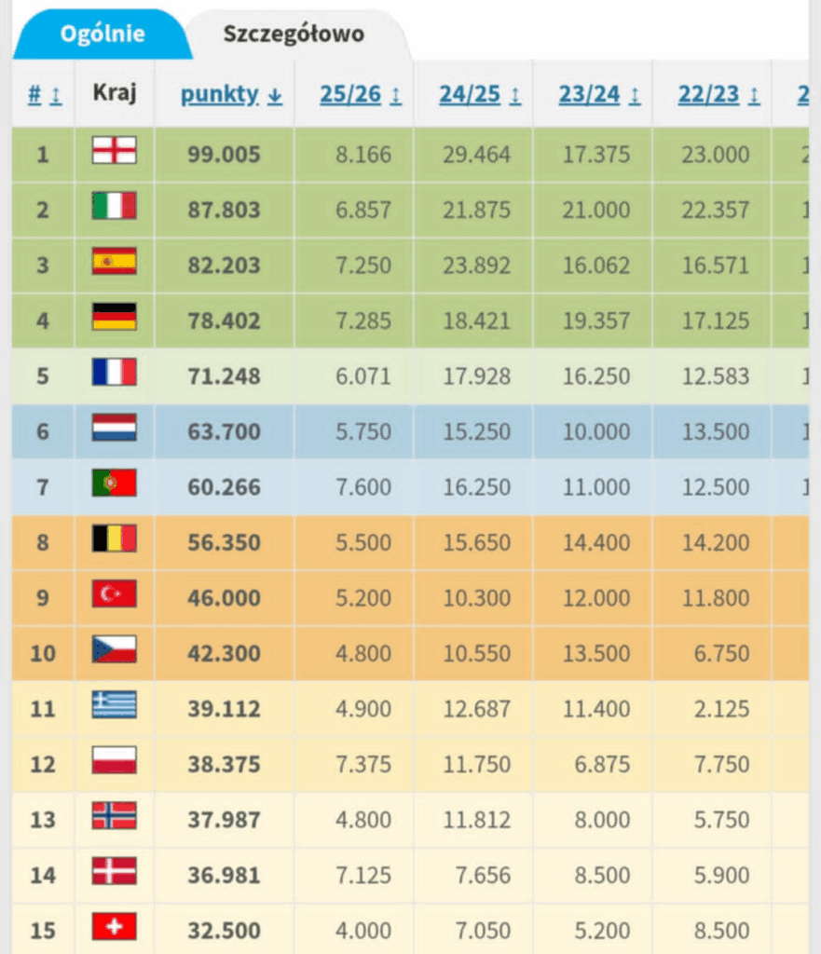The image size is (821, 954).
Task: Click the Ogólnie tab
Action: tap(103, 34)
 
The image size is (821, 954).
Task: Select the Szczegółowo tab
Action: tap(293, 34)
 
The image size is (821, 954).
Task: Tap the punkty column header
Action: tap(221, 95)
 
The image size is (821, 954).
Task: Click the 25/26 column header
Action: tap(353, 95)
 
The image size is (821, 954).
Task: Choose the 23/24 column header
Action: tap(592, 95)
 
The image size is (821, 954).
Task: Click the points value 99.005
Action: tap(223, 155)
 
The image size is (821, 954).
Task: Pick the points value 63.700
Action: tap(223, 431)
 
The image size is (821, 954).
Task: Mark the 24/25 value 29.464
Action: tap(476, 155)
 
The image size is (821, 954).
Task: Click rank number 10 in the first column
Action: tap(43, 653)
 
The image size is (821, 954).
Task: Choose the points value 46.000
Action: tap(223, 598)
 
